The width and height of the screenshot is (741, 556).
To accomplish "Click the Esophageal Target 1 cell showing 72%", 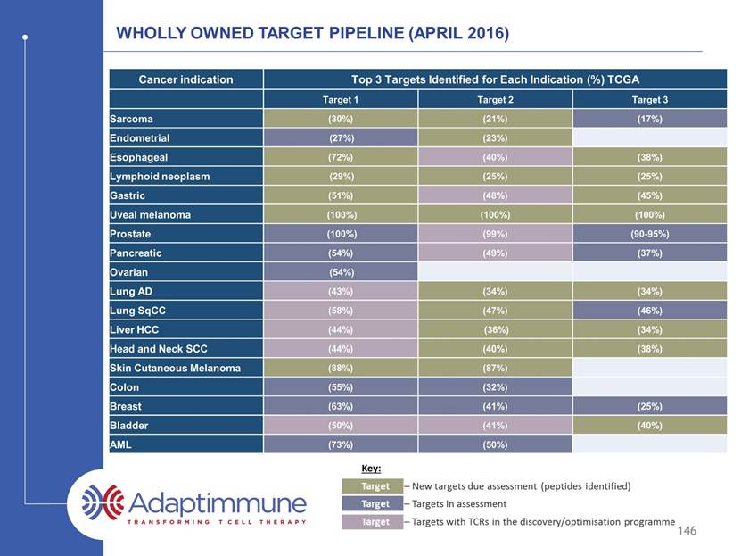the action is [x=341, y=157].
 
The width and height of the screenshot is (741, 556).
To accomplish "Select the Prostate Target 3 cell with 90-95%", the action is [x=650, y=234].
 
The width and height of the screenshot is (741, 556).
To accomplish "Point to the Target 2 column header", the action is [x=495, y=99].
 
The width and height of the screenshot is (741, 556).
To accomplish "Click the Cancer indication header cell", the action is [x=185, y=79].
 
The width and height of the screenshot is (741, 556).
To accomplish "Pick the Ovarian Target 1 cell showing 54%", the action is [x=341, y=272].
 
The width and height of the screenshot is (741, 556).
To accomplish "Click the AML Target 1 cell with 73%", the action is [x=341, y=444].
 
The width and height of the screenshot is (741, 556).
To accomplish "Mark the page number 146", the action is [x=687, y=530].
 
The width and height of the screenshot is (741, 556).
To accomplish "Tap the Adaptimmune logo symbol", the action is [x=103, y=502].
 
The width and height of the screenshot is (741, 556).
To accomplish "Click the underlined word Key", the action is [x=371, y=469].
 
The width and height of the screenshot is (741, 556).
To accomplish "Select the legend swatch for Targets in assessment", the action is [x=373, y=503].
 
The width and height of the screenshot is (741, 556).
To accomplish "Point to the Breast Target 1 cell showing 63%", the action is [x=341, y=406].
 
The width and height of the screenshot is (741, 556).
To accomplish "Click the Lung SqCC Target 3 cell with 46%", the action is [x=650, y=311].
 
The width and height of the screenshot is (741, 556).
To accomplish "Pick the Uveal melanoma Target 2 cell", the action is [x=495, y=215].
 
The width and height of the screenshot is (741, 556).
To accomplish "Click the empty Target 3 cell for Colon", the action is [x=650, y=386].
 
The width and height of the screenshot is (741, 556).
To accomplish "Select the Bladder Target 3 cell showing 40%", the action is [x=650, y=425].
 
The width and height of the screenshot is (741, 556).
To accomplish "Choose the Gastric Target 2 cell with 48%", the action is [x=495, y=195].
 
